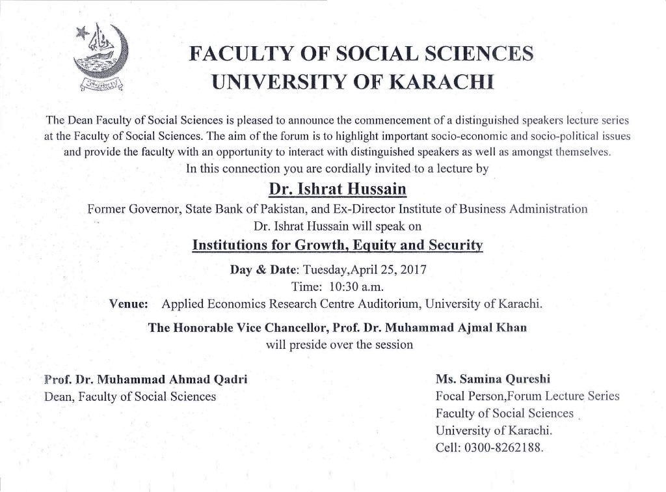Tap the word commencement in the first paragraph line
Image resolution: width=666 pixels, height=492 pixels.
[395, 121]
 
